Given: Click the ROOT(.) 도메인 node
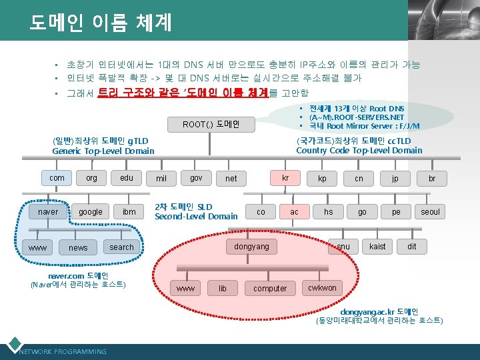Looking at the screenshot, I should tap(210, 124).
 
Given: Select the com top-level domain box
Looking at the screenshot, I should tap(57, 178).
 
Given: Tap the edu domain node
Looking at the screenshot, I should tap(126, 178).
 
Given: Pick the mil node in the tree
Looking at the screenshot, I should tap(161, 179).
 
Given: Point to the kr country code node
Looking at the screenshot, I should tap(285, 178).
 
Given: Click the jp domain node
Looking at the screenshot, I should tap(395, 179).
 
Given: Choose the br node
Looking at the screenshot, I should tap(432, 179).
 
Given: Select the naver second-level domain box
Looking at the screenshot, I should tap(48, 212).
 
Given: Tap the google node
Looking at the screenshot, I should tap(91, 212).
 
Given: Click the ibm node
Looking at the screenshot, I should tap(129, 212).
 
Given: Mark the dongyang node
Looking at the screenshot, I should tap(251, 247).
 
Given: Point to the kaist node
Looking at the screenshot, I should tap(377, 247).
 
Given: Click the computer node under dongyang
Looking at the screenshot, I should tap(270, 289).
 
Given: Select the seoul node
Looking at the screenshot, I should tap(430, 212).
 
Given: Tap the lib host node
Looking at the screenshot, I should tap(222, 289).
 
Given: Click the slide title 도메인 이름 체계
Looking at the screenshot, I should tap(100, 22).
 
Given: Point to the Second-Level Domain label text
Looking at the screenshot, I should tap(196, 216).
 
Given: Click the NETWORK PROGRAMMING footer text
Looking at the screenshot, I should tap(63, 351).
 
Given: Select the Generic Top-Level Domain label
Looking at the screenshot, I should tap(103, 151).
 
